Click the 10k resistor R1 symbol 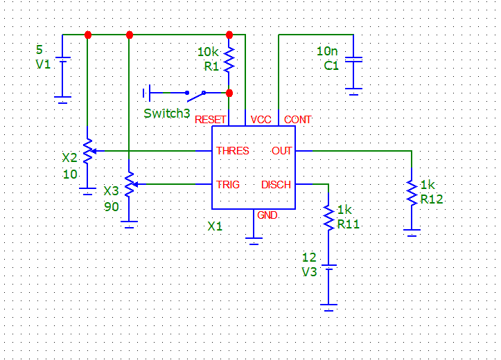[229, 60]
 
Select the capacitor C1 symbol [353, 60]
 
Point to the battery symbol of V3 [328, 267]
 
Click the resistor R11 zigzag [328, 217]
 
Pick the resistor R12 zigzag [412, 192]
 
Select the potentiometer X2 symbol [89, 151]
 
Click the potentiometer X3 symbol [130, 184]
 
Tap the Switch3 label [167, 114]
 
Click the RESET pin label [210, 120]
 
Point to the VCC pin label [261, 120]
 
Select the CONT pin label [297, 120]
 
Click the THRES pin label [233, 151]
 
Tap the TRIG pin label [228, 184]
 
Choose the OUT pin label [281, 151]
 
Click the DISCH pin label [276, 184]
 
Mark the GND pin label [267, 215]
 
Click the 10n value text [327, 51]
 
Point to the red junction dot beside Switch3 [229, 93]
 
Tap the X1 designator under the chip [215, 226]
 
